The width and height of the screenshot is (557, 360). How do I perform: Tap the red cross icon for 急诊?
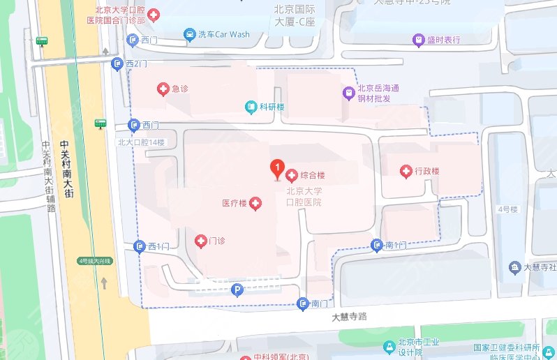point(163,89)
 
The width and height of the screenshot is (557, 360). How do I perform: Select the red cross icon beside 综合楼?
point(291,174)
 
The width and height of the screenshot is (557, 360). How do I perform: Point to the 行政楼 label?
point(426,171)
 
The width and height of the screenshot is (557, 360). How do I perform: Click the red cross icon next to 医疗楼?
point(256,204)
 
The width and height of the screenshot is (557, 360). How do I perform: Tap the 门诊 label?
point(216,241)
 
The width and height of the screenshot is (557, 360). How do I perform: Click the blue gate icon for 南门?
point(302,303)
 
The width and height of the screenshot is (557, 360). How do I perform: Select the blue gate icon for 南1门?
point(377,245)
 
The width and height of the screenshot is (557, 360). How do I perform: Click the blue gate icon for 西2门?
point(118,64)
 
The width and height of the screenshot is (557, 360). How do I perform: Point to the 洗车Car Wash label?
point(223,34)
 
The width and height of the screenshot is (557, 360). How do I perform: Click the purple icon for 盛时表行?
point(418,40)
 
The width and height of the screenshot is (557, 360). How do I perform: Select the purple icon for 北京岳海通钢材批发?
point(348,92)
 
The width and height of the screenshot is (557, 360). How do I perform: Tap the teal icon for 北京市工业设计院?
point(389,347)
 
